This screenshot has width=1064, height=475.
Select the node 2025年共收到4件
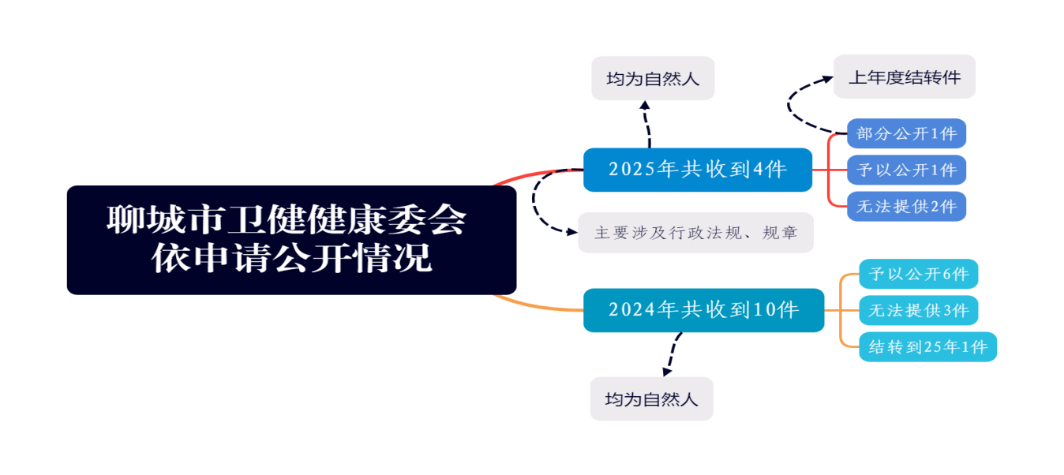(x=698, y=170)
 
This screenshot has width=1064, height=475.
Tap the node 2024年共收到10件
(x=703, y=310)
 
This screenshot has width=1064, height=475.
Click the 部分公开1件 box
(x=906, y=133)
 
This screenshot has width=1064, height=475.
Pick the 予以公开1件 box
(x=906, y=170)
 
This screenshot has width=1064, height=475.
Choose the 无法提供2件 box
(x=906, y=207)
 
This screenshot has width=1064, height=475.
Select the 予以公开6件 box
(x=918, y=275)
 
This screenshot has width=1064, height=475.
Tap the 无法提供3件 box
(x=918, y=310)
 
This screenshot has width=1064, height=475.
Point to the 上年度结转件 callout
(x=905, y=77)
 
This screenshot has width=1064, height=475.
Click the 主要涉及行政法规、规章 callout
(x=695, y=233)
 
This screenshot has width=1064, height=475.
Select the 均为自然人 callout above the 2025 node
(x=653, y=79)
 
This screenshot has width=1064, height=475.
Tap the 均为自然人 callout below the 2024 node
(x=651, y=399)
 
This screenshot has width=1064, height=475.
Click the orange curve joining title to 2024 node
(x=537, y=306)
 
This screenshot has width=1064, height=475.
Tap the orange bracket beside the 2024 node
(x=842, y=310)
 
